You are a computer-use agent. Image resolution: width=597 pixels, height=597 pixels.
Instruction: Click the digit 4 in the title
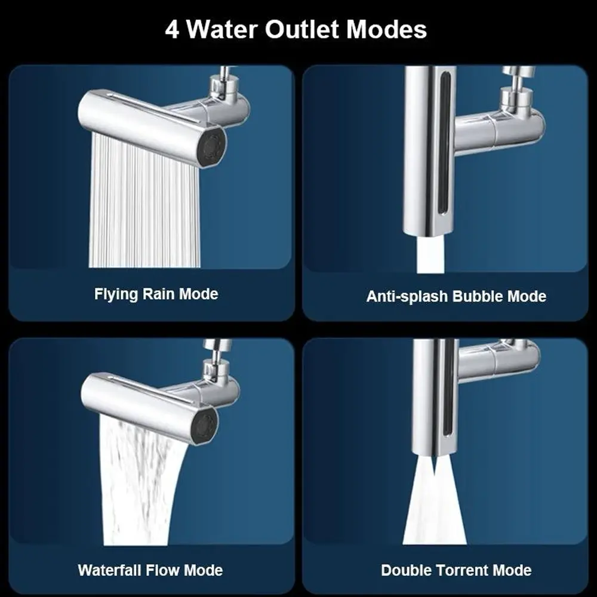tap(172, 30)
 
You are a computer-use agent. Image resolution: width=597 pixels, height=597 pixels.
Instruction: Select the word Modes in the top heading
tap(386, 29)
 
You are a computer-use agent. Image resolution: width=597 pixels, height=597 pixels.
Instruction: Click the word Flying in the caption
tap(116, 294)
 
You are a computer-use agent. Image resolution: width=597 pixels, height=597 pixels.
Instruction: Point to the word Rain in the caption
tap(158, 294)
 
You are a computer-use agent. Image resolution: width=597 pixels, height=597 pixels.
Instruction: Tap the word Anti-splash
tap(407, 297)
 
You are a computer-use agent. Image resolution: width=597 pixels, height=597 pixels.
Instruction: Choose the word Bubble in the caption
tap(474, 296)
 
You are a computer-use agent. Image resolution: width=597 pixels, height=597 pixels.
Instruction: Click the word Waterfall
tap(110, 570)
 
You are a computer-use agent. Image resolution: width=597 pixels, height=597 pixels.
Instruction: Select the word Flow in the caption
tap(163, 570)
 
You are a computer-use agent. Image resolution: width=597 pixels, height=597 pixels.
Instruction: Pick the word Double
tap(406, 570)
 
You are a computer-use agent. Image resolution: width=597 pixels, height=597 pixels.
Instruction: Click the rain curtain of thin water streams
tap(144, 202)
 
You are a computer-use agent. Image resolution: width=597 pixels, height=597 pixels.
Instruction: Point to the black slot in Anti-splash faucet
tap(444, 144)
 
